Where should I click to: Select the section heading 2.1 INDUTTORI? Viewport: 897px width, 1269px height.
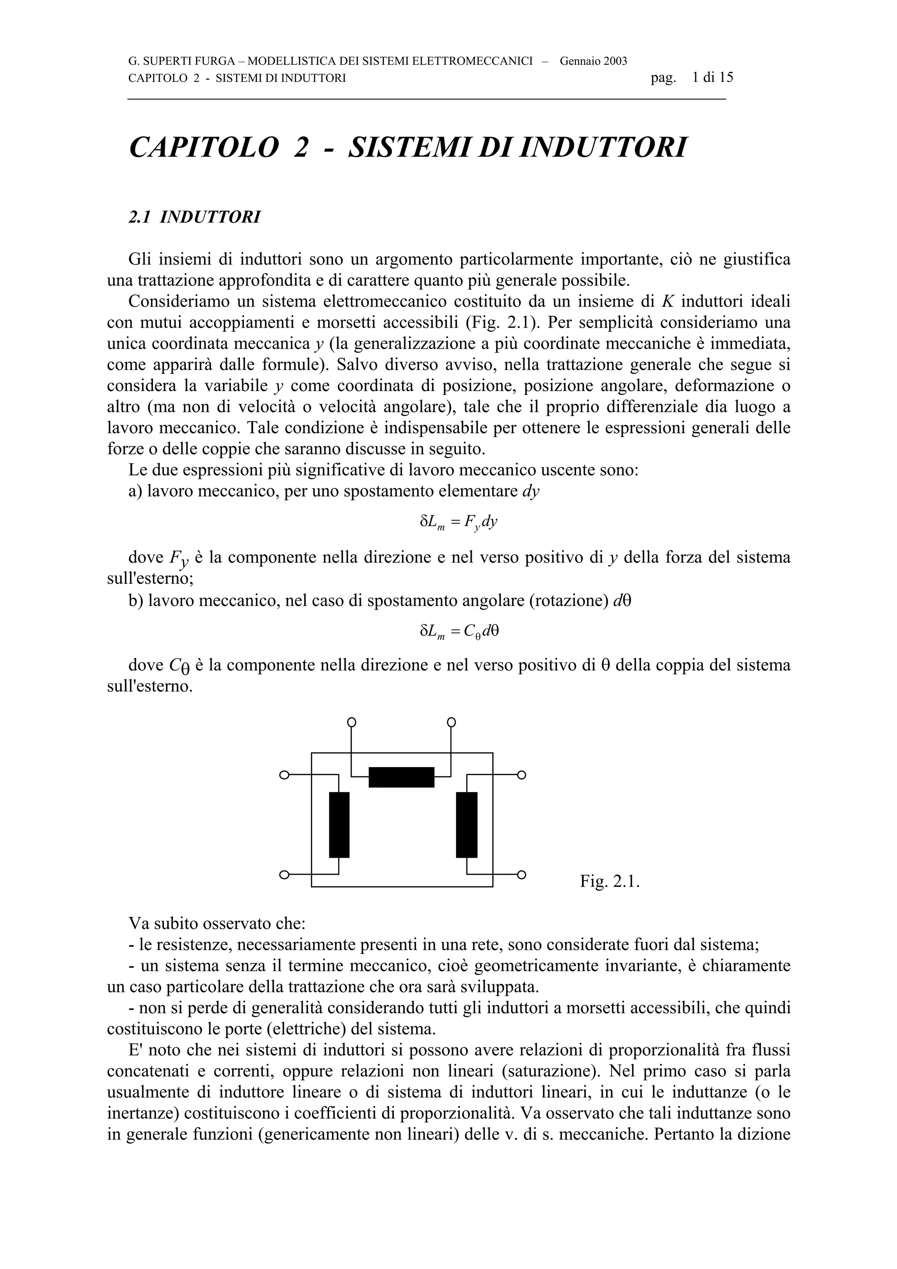[x=194, y=218]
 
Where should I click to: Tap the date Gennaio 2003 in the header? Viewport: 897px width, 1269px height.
[x=593, y=61]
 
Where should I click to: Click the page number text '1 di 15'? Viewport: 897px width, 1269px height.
[x=713, y=78]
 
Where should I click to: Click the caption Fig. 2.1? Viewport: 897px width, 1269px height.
[x=609, y=881]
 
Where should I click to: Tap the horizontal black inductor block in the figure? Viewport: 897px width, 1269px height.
[x=401, y=777]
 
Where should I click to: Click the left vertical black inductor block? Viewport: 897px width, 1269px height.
[x=339, y=825]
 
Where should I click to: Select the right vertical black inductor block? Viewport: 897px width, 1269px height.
[x=466, y=825]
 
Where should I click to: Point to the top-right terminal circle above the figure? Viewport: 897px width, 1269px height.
[x=451, y=723]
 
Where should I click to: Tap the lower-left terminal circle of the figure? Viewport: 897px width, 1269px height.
[x=284, y=874]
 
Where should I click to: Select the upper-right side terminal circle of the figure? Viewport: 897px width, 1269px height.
[x=521, y=775]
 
